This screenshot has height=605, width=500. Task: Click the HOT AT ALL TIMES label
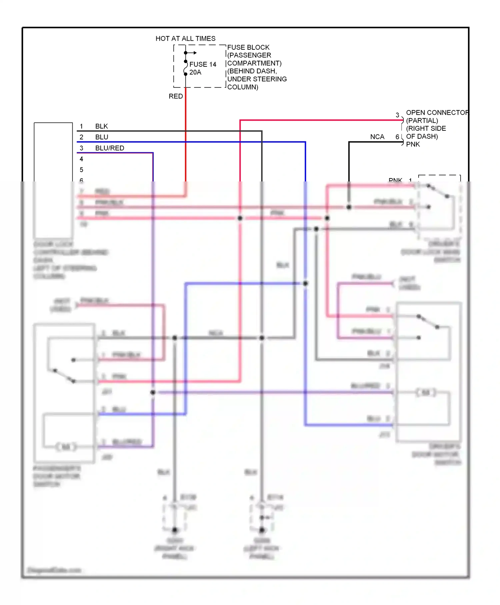pyautogui.click(x=185, y=39)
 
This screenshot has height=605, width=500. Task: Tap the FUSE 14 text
pyautogui.click(x=203, y=64)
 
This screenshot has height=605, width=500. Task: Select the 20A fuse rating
pyautogui.click(x=195, y=72)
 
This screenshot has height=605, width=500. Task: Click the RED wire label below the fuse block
pyautogui.click(x=176, y=96)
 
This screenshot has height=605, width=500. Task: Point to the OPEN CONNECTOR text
pyautogui.click(x=437, y=113)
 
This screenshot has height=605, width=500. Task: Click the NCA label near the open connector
pyautogui.click(x=377, y=137)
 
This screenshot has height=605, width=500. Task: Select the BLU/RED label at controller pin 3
pyautogui.click(x=110, y=148)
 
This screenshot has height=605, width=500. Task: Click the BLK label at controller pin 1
pyautogui.click(x=101, y=126)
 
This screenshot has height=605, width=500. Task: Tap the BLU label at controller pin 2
pyautogui.click(x=102, y=137)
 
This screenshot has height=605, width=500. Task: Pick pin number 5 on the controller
pyautogui.click(x=81, y=170)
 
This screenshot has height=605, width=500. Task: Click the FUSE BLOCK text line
pyautogui.click(x=248, y=47)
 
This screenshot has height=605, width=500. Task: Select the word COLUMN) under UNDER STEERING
pyautogui.click(x=243, y=87)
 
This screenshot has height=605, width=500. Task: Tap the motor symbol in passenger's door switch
pyautogui.click(x=66, y=447)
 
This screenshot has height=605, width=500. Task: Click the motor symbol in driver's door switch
pyautogui.click(x=426, y=393)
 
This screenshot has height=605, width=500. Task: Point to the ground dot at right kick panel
pyautogui.click(x=175, y=530)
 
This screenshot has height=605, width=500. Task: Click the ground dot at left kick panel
pyautogui.click(x=262, y=530)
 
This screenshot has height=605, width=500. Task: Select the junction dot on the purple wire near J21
pyautogui.click(x=153, y=393)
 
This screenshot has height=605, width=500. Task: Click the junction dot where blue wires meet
pyautogui.click(x=305, y=283)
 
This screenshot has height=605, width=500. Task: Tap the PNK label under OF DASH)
pyautogui.click(x=413, y=144)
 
